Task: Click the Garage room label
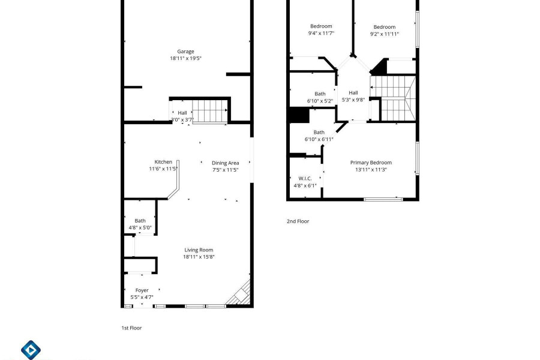[185, 52]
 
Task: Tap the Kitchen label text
[163, 162]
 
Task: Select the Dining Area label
[225, 163]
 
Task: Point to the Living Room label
[199, 250]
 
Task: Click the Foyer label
[142, 290]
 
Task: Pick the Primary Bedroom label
[371, 163]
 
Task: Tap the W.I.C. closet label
[305, 178]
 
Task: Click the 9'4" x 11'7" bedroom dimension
[321, 34]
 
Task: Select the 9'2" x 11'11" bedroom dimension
[385, 34]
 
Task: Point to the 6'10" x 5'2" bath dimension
[320, 101]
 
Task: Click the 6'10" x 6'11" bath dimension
[319, 140]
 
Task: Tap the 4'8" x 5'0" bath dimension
[140, 228]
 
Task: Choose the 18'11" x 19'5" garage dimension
[185, 58]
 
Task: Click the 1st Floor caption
[131, 328]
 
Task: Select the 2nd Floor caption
[298, 221]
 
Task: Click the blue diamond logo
[31, 350]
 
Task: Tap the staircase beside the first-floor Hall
[209, 111]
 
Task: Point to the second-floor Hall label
[353, 92]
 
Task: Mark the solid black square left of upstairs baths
[299, 115]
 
